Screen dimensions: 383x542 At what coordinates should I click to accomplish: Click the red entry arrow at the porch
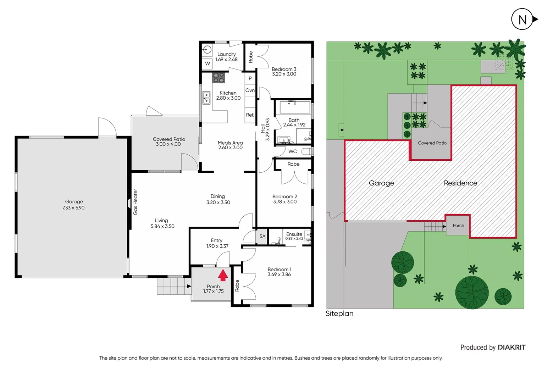223,275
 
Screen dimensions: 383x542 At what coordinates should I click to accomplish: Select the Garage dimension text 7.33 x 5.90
73,208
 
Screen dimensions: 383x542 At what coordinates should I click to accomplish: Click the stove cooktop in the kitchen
218,78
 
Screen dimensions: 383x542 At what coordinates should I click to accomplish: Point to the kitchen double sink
206,98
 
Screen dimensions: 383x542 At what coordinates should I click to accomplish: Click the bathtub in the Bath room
295,107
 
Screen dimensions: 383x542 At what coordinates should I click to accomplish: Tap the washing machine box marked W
208,63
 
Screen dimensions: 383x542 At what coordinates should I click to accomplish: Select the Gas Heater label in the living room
135,202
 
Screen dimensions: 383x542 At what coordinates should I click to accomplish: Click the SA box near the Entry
262,237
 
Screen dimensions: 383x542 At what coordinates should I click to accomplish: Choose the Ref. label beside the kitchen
250,115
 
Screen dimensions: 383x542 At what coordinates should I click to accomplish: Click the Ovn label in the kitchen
250,90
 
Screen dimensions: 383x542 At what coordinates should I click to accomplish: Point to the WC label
293,151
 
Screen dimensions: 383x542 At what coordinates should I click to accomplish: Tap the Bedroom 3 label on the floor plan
284,69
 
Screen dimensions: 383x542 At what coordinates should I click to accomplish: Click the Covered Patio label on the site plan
432,143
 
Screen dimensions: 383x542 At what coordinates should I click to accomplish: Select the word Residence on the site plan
460,183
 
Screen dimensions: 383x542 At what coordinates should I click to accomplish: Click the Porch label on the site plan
458,226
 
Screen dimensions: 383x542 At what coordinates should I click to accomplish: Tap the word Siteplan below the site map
339,313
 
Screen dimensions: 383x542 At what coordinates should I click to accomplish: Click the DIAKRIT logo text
511,348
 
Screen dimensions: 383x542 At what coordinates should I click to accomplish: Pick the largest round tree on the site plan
472,292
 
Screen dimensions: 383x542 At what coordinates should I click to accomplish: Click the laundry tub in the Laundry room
207,50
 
